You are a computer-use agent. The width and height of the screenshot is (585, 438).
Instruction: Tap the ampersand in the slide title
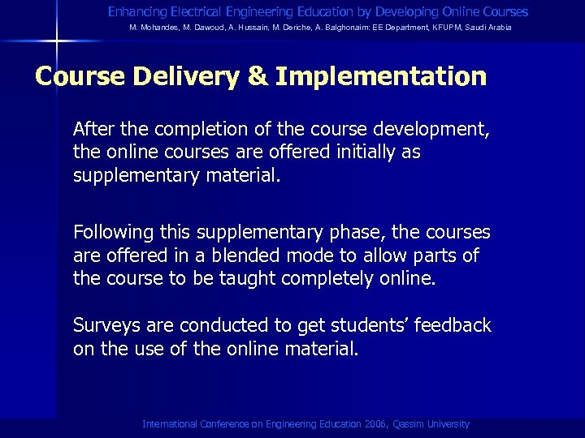[x=258, y=77]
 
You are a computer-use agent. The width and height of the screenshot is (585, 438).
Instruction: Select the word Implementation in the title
[x=380, y=77]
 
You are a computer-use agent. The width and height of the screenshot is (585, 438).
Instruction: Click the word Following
[x=113, y=233]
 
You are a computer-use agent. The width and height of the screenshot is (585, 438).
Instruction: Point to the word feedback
[x=453, y=326]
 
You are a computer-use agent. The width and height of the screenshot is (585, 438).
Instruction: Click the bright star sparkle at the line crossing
[x=55, y=40]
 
